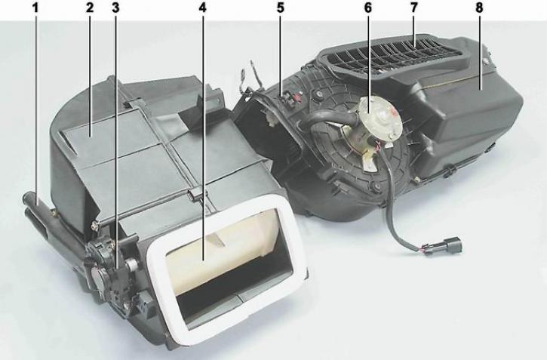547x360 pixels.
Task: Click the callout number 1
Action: [x=35, y=8]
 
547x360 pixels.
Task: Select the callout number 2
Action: [x=90, y=8]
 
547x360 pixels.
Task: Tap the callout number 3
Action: [x=116, y=8]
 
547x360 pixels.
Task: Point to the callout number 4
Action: [x=203, y=8]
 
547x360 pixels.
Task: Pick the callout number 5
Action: [x=281, y=8]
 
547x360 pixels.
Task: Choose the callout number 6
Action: [x=368, y=8]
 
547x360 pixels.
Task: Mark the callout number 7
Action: [x=413, y=8]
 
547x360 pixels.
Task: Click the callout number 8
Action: [x=479, y=8]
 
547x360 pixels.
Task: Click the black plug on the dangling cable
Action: [x=452, y=245]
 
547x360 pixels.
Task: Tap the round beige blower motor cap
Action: [x=380, y=116]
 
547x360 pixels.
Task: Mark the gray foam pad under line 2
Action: [x=101, y=140]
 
